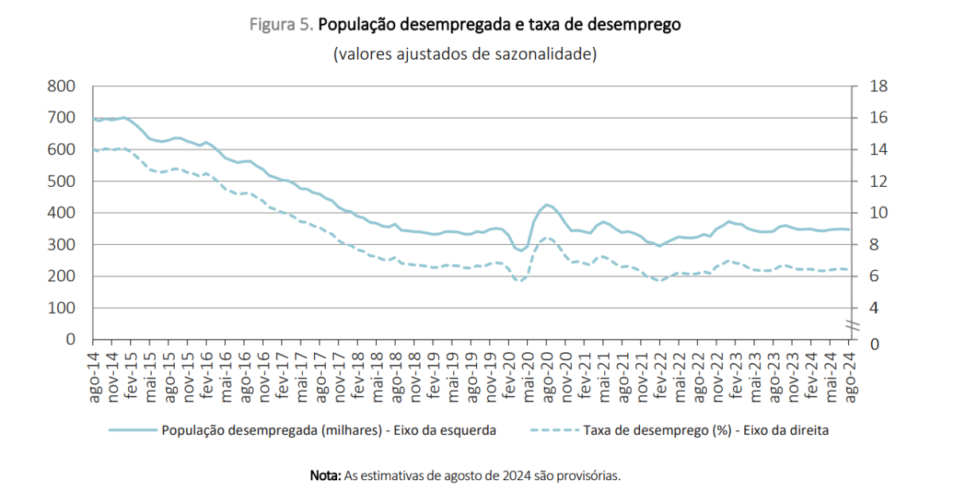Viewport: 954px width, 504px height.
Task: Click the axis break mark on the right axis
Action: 852,325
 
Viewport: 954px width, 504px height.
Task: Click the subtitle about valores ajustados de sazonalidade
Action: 465,54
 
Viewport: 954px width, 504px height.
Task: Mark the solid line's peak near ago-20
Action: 547,204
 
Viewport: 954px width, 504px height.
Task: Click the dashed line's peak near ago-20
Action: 547,238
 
